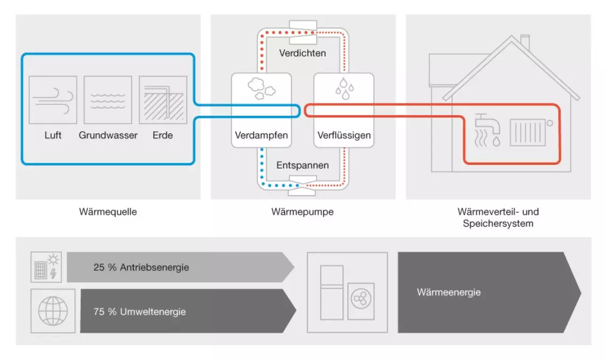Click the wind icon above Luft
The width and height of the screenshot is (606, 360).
point(53,100)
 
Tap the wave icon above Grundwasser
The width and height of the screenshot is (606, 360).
point(108,100)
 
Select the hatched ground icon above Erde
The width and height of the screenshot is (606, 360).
point(163,100)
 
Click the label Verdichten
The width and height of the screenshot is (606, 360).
point(302,53)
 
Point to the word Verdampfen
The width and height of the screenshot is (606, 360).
point(261,135)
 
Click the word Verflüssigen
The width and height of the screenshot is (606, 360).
point(344,135)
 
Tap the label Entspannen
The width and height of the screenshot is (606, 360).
point(302,165)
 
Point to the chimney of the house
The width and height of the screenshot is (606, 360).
point(525,42)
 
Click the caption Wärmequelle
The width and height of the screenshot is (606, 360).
point(108,212)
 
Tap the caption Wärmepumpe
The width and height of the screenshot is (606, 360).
point(302,212)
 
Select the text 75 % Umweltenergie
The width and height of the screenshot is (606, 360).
point(140,311)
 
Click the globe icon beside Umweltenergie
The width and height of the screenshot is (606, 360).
point(53,311)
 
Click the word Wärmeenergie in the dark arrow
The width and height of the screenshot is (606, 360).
point(449,292)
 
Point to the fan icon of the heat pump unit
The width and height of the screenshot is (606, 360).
point(359,300)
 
